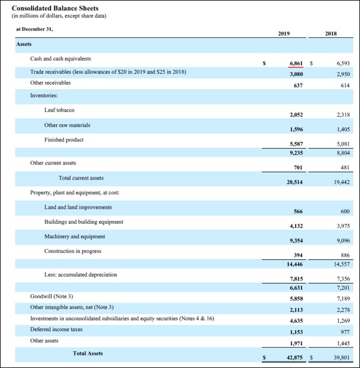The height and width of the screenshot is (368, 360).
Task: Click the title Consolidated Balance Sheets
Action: click(55, 8)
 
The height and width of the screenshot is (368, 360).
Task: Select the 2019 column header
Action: click(284, 34)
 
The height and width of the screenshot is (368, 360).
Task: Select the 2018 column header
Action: click(331, 34)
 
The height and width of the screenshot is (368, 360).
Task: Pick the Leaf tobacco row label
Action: click(59, 110)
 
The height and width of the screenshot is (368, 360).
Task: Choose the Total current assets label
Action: click(81, 178)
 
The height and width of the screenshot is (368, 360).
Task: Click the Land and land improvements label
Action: click(78, 208)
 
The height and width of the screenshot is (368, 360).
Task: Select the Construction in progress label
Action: click(72, 251)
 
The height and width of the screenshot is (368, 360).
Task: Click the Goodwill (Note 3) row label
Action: click(52, 296)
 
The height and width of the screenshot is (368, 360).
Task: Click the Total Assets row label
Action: click(88, 353)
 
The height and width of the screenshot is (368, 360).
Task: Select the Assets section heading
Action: click(24, 44)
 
